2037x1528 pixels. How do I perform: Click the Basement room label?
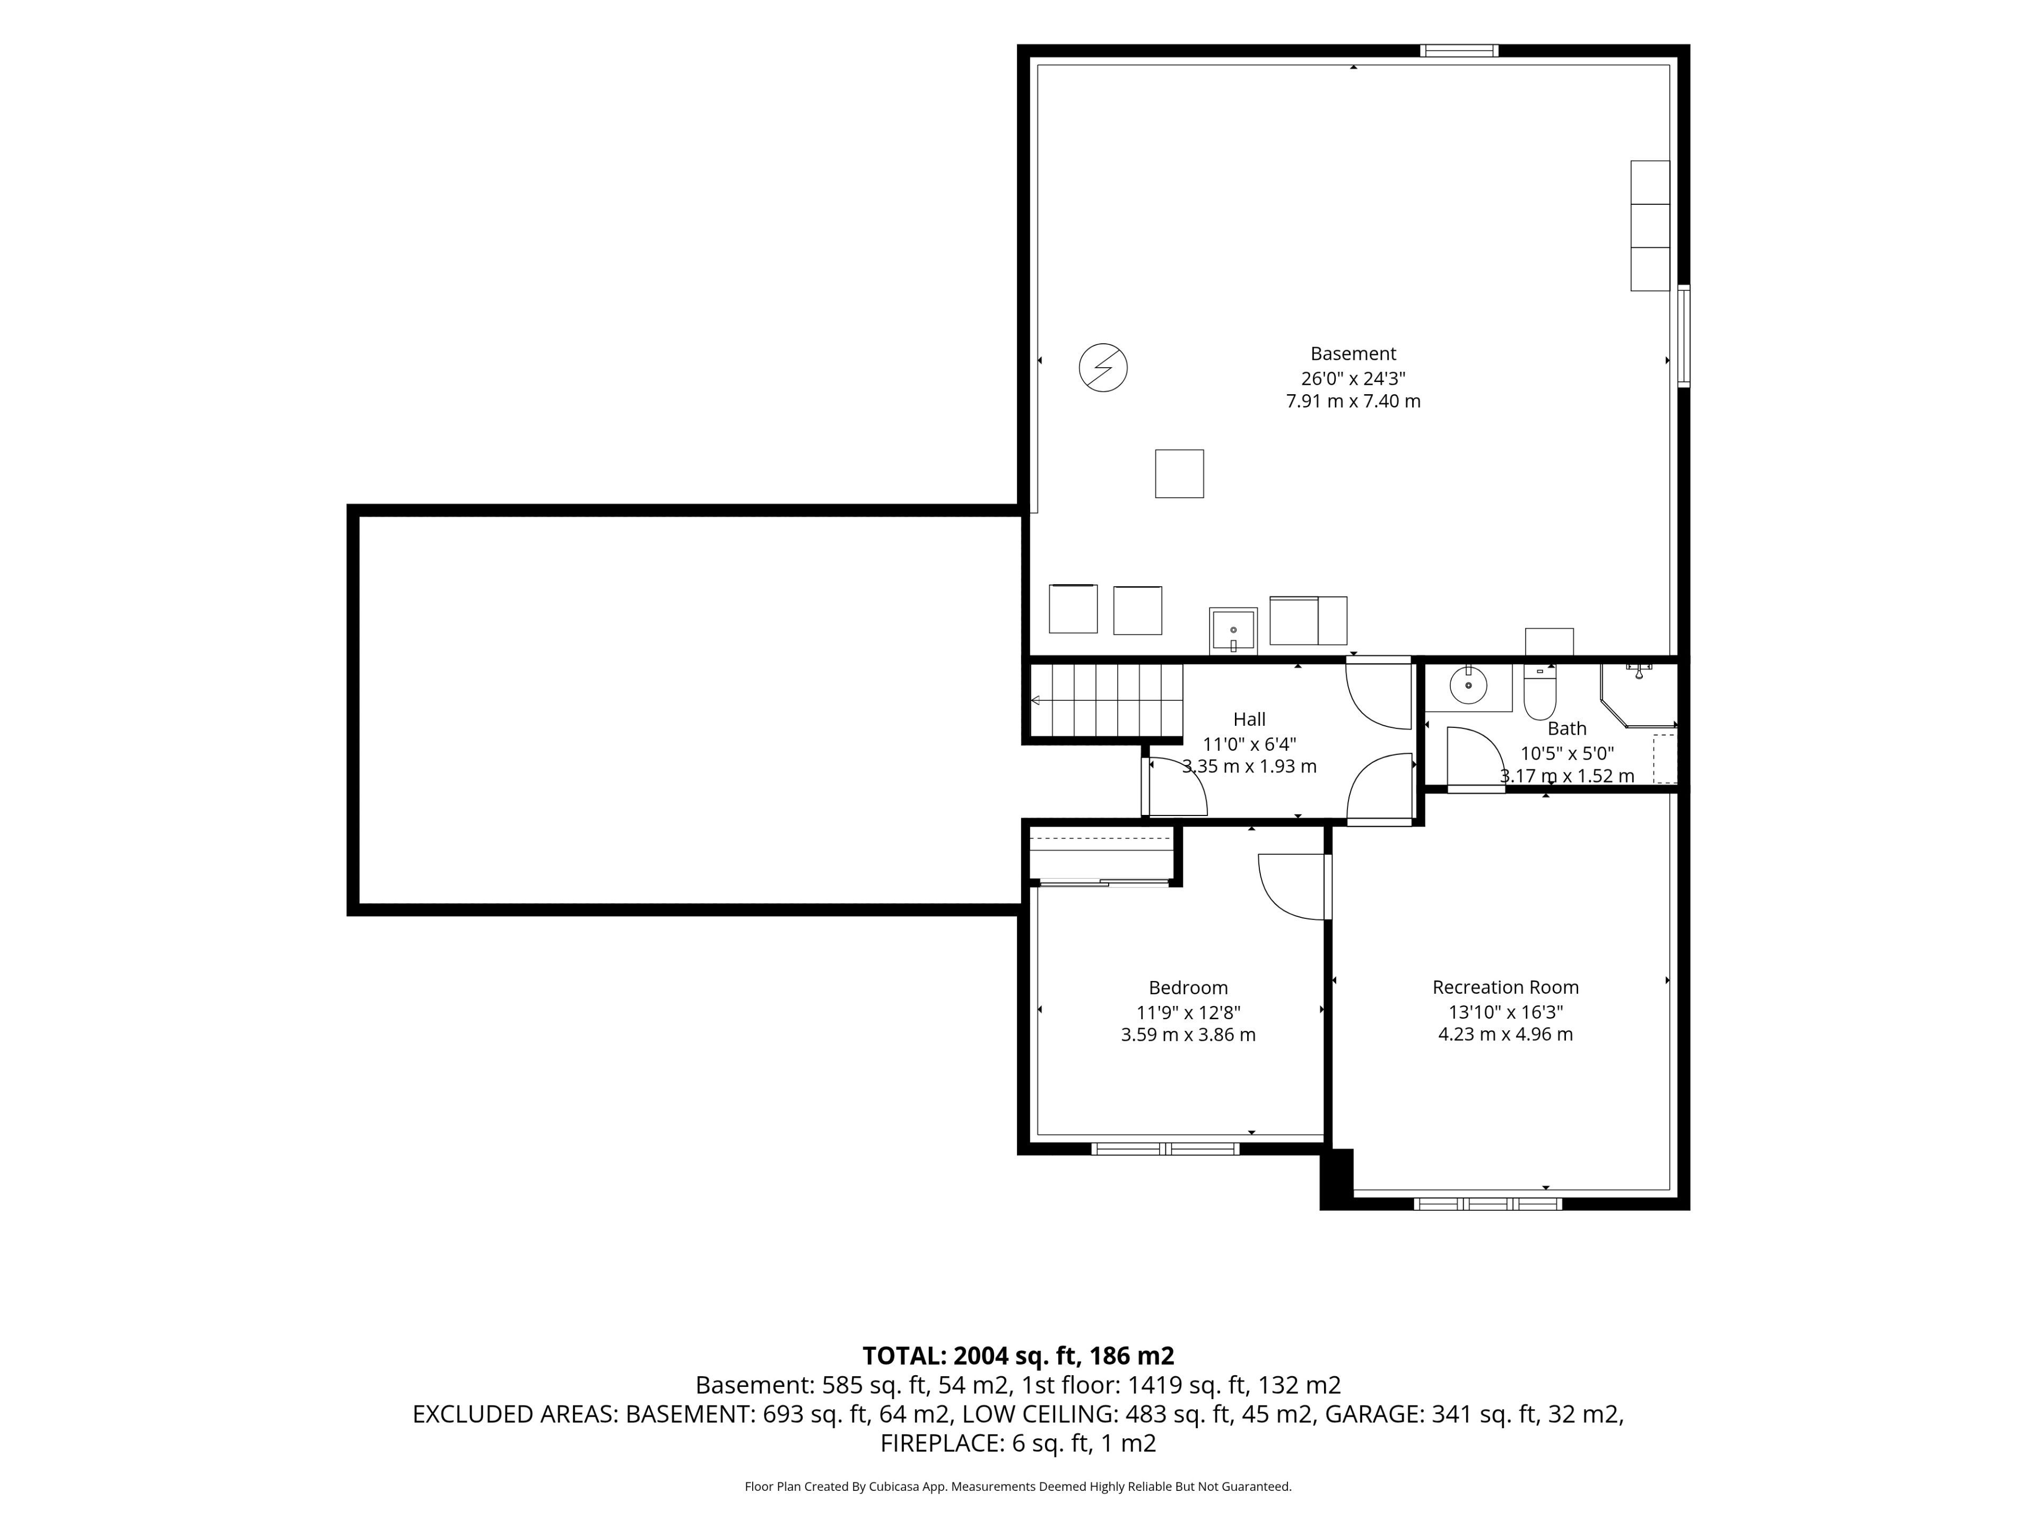tap(1353, 354)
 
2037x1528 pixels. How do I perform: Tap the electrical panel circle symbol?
tap(1103, 368)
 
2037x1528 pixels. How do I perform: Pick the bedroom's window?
tap(1165, 1149)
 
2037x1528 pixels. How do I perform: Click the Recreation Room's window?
tap(1488, 1203)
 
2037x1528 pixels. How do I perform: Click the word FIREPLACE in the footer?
tap(940, 1443)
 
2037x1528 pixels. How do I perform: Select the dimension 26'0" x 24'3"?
tap(1353, 378)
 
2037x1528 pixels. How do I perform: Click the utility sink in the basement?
tap(1233, 631)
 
